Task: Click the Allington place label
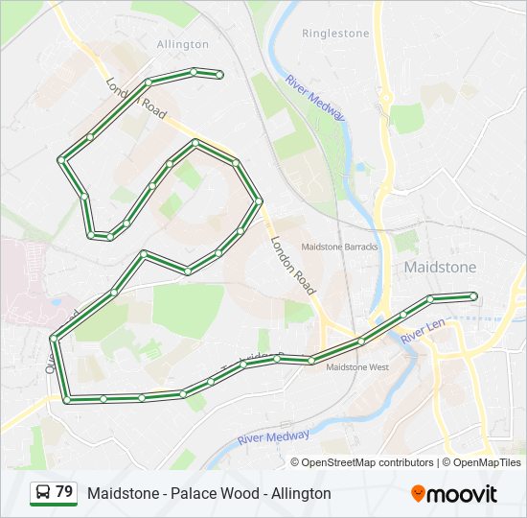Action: point(182,44)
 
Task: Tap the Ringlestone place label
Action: point(335,33)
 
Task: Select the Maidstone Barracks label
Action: point(339,247)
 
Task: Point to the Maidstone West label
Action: point(357,366)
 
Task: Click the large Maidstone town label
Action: point(441,266)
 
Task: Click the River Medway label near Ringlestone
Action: point(315,97)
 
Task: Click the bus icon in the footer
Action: point(43,493)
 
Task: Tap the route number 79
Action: point(64,492)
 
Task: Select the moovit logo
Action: point(454,494)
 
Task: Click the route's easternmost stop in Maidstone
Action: point(473,296)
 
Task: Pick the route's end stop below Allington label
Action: point(220,75)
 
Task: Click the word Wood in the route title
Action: point(245,493)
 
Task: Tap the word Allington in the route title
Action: point(300,493)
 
